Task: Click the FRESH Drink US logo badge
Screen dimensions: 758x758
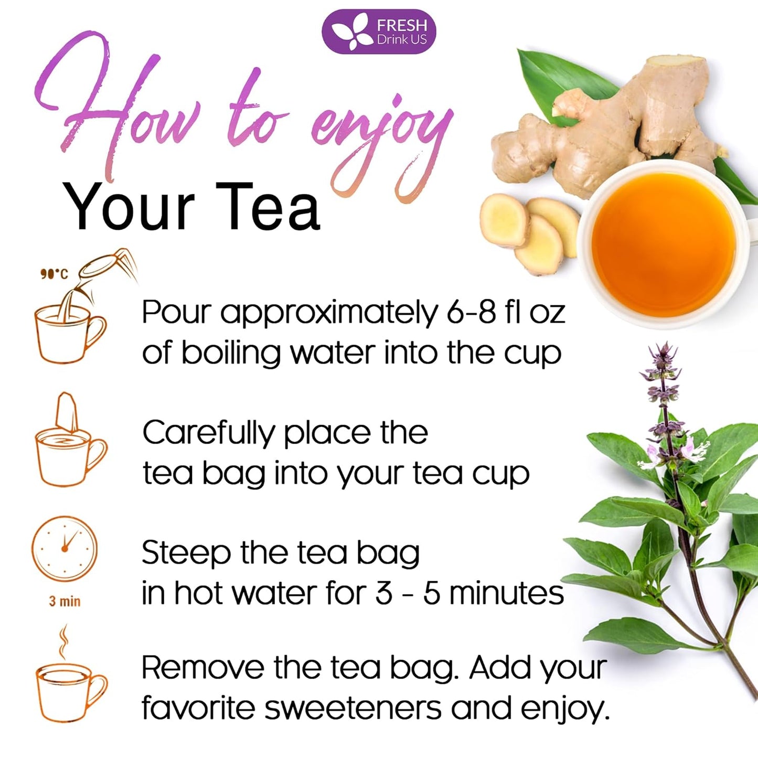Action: pos(379,31)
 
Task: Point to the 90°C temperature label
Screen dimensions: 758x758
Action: pos(54,274)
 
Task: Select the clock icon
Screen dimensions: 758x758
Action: pos(65,549)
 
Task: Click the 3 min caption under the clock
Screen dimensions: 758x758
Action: pos(65,601)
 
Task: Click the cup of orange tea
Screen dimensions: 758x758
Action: pos(664,244)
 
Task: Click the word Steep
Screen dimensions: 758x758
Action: pos(186,553)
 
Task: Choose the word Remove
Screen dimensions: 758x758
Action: pos(203,668)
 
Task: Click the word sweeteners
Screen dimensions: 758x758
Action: pos(353,708)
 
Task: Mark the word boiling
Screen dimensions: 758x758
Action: pos(231,354)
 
